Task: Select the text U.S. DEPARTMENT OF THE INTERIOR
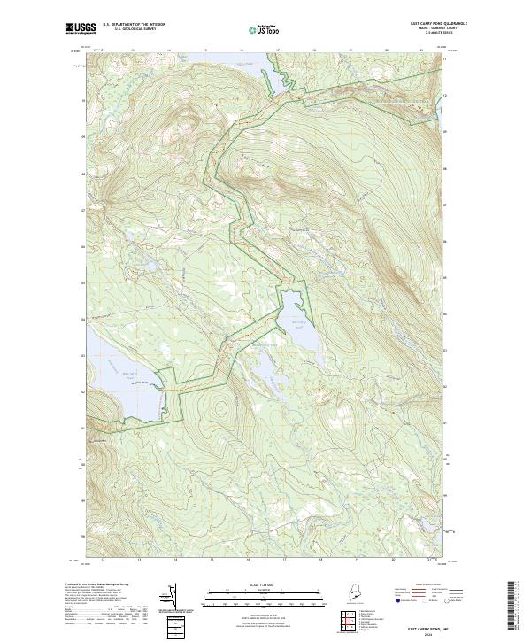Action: tap(134, 24)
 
